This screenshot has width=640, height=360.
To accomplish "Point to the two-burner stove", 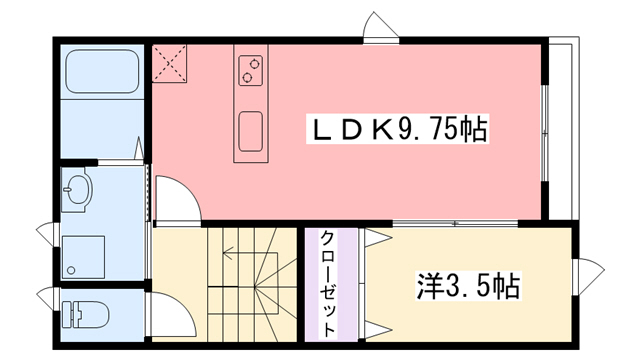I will click(x=250, y=69).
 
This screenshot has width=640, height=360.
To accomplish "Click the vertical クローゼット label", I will click(x=328, y=283).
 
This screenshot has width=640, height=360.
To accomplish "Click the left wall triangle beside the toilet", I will click(x=44, y=297).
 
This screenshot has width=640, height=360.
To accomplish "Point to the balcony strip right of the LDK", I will click(x=561, y=130).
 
